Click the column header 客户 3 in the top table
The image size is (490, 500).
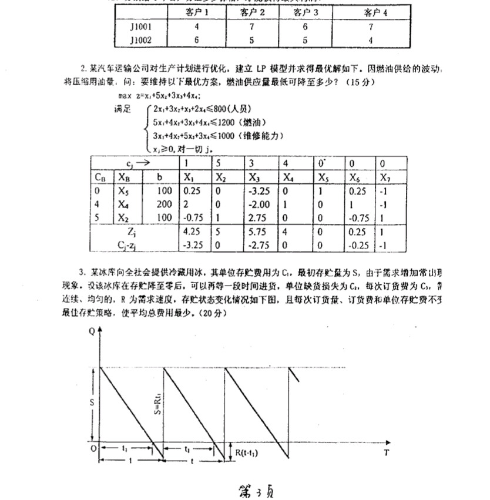pos(304,12)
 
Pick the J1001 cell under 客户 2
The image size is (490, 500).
pos(251,26)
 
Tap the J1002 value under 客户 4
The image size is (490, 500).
pos(371,39)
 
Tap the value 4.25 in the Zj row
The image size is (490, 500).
pos(192,232)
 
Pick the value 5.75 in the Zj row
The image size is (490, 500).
pos(259,232)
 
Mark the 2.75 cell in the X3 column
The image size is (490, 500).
pos(259,218)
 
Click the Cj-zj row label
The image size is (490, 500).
pos(134,246)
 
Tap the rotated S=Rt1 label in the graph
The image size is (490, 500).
pos(159,402)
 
